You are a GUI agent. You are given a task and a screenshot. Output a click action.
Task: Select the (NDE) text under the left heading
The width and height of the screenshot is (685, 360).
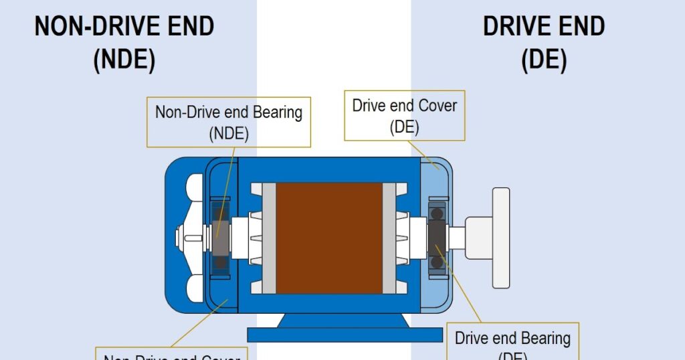pyautogui.click(x=124, y=61)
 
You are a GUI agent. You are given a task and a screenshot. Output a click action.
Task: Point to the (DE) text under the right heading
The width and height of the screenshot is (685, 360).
pyautogui.click(x=544, y=61)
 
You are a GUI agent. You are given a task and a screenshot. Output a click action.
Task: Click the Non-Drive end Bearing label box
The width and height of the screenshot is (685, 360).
pyautogui.click(x=229, y=121)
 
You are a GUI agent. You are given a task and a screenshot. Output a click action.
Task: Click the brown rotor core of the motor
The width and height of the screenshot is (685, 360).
pyautogui.click(x=328, y=238)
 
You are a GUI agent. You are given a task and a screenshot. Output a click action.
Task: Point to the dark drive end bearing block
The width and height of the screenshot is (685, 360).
pyautogui.click(x=437, y=238)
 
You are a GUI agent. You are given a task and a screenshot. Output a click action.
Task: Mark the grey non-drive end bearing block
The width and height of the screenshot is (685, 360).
pyautogui.click(x=220, y=238)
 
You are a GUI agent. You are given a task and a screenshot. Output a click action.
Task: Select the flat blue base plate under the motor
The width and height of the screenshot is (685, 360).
pyautogui.click(x=345, y=334)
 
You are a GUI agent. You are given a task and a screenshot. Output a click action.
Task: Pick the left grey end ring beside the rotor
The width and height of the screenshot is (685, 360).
pyautogui.click(x=268, y=238)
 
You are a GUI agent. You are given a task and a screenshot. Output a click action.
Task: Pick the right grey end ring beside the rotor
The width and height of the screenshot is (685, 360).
pyautogui.click(x=389, y=238)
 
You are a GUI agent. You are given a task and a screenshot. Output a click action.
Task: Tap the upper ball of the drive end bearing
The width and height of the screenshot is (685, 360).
pyautogui.click(x=437, y=213)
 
